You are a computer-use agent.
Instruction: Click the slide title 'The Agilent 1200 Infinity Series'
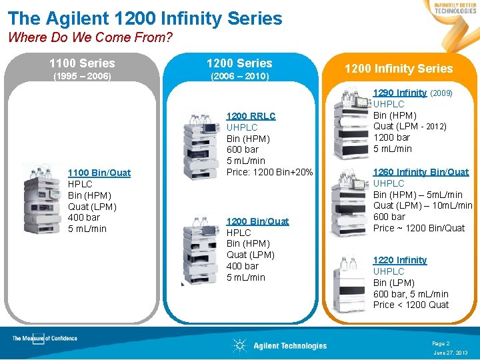(x=145, y=19)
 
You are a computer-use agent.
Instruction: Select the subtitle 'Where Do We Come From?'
(x=90, y=37)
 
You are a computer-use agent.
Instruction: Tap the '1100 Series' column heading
(x=82, y=63)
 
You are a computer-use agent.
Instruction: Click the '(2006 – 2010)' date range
(x=239, y=77)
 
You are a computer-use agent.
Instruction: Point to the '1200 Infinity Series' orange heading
(x=398, y=69)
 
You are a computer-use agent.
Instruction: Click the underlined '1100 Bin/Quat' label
(x=99, y=173)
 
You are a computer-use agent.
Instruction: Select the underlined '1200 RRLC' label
(x=251, y=116)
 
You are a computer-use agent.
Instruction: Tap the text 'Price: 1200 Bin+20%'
(x=269, y=173)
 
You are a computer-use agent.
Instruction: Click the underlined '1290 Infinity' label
(x=399, y=93)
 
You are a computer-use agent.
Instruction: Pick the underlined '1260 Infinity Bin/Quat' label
(x=421, y=172)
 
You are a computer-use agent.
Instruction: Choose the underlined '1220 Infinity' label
(x=399, y=260)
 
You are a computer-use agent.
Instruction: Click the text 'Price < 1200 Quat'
(x=411, y=305)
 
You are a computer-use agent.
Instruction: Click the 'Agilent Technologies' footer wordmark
(x=290, y=345)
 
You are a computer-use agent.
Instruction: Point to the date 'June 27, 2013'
(x=450, y=352)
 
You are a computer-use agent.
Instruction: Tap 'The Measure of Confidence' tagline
(x=45, y=339)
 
